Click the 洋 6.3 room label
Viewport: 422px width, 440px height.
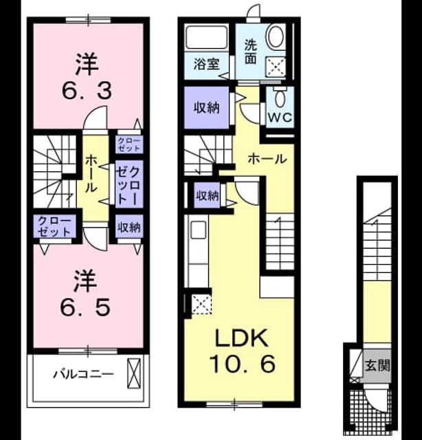[x=87, y=77]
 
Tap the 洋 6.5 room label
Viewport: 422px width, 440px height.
[x=85, y=294]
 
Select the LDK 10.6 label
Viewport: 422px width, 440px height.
[x=242, y=351]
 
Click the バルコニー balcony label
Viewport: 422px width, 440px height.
[x=83, y=374]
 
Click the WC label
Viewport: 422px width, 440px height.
[x=280, y=118]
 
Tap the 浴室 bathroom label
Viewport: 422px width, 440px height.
[x=206, y=64]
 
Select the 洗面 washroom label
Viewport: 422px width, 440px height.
[x=250, y=52]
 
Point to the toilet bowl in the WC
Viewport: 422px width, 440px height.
[x=280, y=98]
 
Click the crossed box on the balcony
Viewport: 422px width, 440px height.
[x=134, y=373]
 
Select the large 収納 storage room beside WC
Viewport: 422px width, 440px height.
[x=206, y=107]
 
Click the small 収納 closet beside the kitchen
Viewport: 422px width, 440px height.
[x=208, y=195]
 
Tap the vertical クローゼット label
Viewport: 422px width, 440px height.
[x=129, y=185]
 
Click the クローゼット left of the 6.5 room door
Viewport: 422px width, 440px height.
[x=54, y=226]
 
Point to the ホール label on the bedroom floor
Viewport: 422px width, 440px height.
[x=91, y=174]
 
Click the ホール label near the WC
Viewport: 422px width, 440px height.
[x=267, y=159]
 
